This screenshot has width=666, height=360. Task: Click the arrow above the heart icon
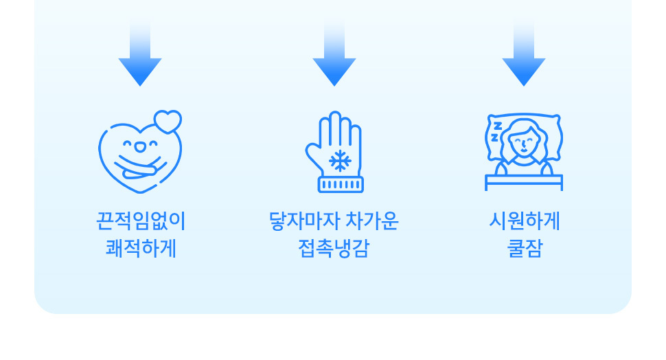coord(140,55)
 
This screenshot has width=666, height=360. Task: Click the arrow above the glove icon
coord(334,55)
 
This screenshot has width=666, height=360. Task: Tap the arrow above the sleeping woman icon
coord(524,55)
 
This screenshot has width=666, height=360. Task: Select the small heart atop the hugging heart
coord(168,121)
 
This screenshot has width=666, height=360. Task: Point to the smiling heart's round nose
coord(140,146)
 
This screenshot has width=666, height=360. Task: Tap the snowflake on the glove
coord(340,161)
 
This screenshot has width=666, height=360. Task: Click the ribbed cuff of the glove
coord(341,185)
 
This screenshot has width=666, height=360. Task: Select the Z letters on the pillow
coord(496,131)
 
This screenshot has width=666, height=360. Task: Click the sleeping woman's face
coord(524,142)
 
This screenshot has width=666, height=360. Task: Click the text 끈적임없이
coord(141,221)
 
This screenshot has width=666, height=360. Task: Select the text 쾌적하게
coord(141,248)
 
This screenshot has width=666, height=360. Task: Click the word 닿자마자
coord(304,221)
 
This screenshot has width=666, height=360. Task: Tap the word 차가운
coord(371,221)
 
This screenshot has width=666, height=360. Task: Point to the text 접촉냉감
coord(334,248)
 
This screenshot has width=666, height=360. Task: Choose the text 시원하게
coord(525,221)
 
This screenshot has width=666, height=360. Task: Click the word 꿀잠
coord(525,248)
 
